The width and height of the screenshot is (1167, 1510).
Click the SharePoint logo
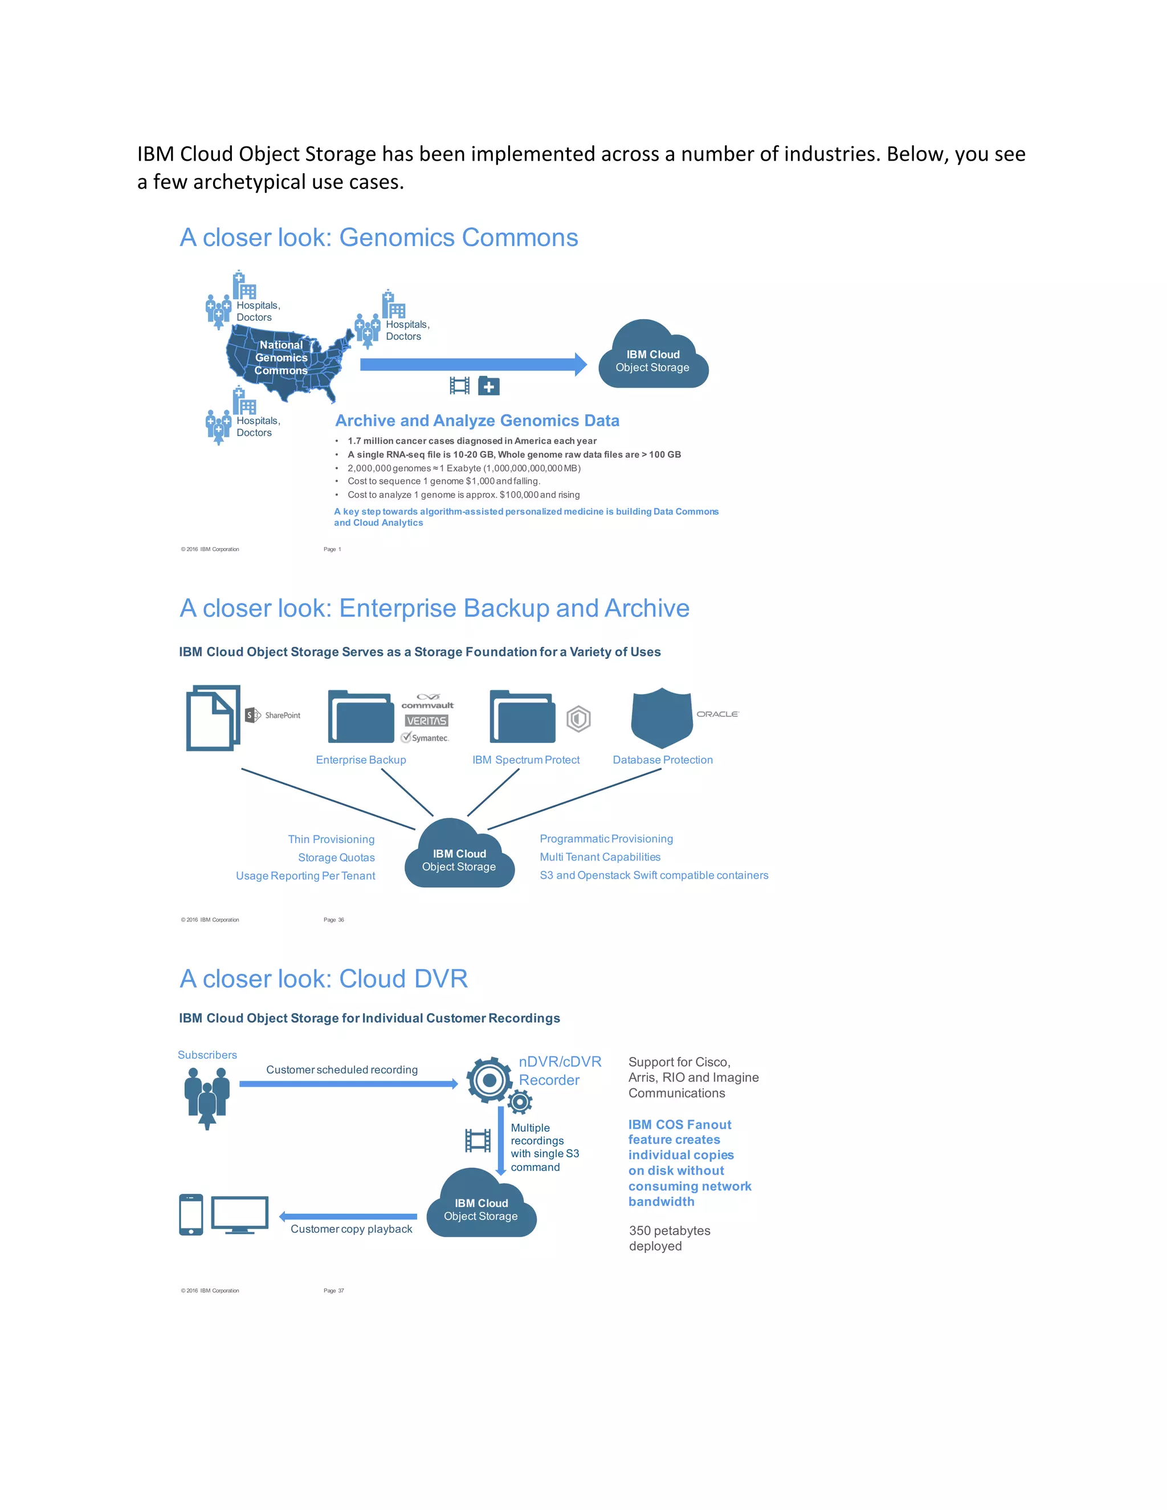(273, 715)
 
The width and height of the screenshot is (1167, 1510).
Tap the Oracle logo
(717, 713)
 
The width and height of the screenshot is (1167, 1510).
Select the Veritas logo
(427, 720)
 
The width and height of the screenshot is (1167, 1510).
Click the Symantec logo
(425, 738)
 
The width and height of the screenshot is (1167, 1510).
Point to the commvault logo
(427, 701)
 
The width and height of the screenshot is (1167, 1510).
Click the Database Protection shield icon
(662, 717)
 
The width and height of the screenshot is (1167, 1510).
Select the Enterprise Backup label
(361, 760)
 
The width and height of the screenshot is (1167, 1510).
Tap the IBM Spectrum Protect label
(525, 760)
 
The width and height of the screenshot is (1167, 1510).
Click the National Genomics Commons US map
(283, 360)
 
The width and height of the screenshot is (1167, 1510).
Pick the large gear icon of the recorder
(489, 1079)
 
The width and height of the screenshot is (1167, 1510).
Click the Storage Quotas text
(336, 858)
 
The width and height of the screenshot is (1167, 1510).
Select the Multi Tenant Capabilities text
(599, 856)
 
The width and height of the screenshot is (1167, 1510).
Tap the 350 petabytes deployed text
(669, 1238)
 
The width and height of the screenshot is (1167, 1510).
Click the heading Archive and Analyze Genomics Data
(477, 421)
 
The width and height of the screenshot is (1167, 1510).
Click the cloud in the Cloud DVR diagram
(481, 1206)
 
